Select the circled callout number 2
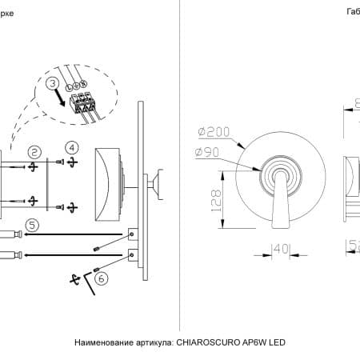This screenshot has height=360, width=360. [x=34, y=151]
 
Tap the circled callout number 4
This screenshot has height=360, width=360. [x=72, y=147]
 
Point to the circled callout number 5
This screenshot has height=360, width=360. [x=31, y=226]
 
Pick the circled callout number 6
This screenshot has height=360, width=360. [x=101, y=278]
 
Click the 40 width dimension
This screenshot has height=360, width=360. [x=278, y=250]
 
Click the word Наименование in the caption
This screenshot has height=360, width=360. [x=103, y=342]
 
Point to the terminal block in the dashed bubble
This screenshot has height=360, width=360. [x=83, y=103]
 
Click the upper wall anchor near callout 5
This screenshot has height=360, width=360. [x=10, y=235]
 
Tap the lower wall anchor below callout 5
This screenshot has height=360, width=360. [x=10, y=255]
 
